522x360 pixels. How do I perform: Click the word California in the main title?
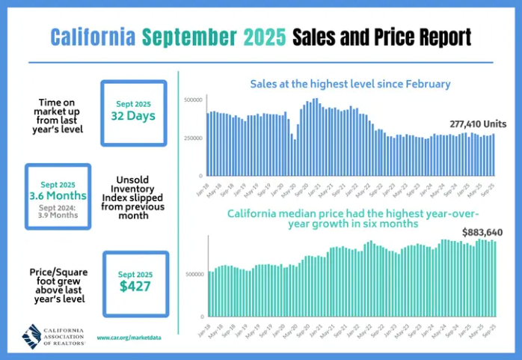point(93,37)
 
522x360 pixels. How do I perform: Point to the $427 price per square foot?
point(135,286)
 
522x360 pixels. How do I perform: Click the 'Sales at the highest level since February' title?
point(350,84)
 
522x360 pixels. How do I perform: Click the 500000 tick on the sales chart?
point(193,100)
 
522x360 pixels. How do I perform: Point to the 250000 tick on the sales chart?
point(193,138)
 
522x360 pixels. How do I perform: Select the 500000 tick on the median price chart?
point(193,275)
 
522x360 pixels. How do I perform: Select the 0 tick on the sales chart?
point(200,176)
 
